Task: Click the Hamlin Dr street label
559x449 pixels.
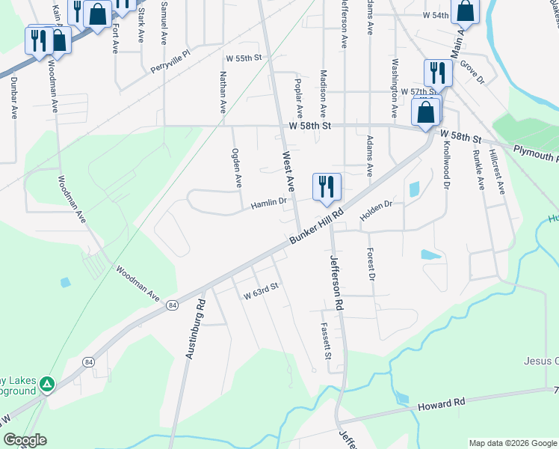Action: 269,202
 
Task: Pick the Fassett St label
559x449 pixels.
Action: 326,340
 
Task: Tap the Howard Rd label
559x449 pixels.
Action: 442,403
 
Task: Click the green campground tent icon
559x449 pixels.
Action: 47,384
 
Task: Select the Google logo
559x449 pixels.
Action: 25,440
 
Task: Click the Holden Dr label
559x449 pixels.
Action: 377,204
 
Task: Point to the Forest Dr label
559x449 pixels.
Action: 370,265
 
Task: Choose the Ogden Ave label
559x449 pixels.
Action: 238,168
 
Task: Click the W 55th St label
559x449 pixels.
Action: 244,58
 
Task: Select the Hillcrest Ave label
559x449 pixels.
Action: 498,170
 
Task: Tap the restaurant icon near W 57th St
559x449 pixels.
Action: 436,72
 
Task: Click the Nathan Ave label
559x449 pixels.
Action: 222,92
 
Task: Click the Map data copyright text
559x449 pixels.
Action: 512,442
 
